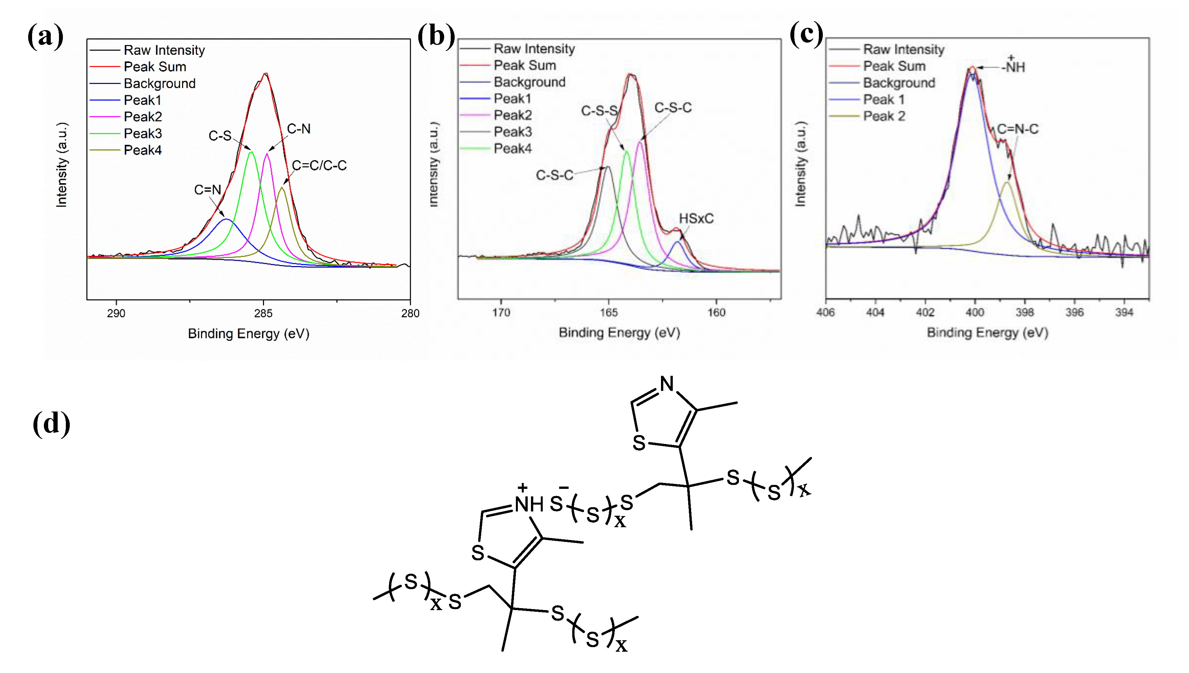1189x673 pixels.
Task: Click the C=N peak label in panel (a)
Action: tap(207, 190)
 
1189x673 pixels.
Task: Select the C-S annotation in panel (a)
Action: tap(220, 136)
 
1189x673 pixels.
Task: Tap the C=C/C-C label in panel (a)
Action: tap(319, 165)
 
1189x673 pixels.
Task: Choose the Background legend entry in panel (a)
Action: tap(160, 84)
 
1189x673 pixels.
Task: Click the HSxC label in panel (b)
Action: tap(696, 219)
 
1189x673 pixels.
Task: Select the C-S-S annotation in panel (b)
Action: tap(599, 111)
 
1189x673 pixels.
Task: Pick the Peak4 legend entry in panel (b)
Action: tap(512, 149)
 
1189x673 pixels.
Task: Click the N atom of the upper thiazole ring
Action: tap(667, 384)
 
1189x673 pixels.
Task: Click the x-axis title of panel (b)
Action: tap(619, 333)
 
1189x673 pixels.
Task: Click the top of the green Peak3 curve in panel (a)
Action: tap(251, 152)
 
